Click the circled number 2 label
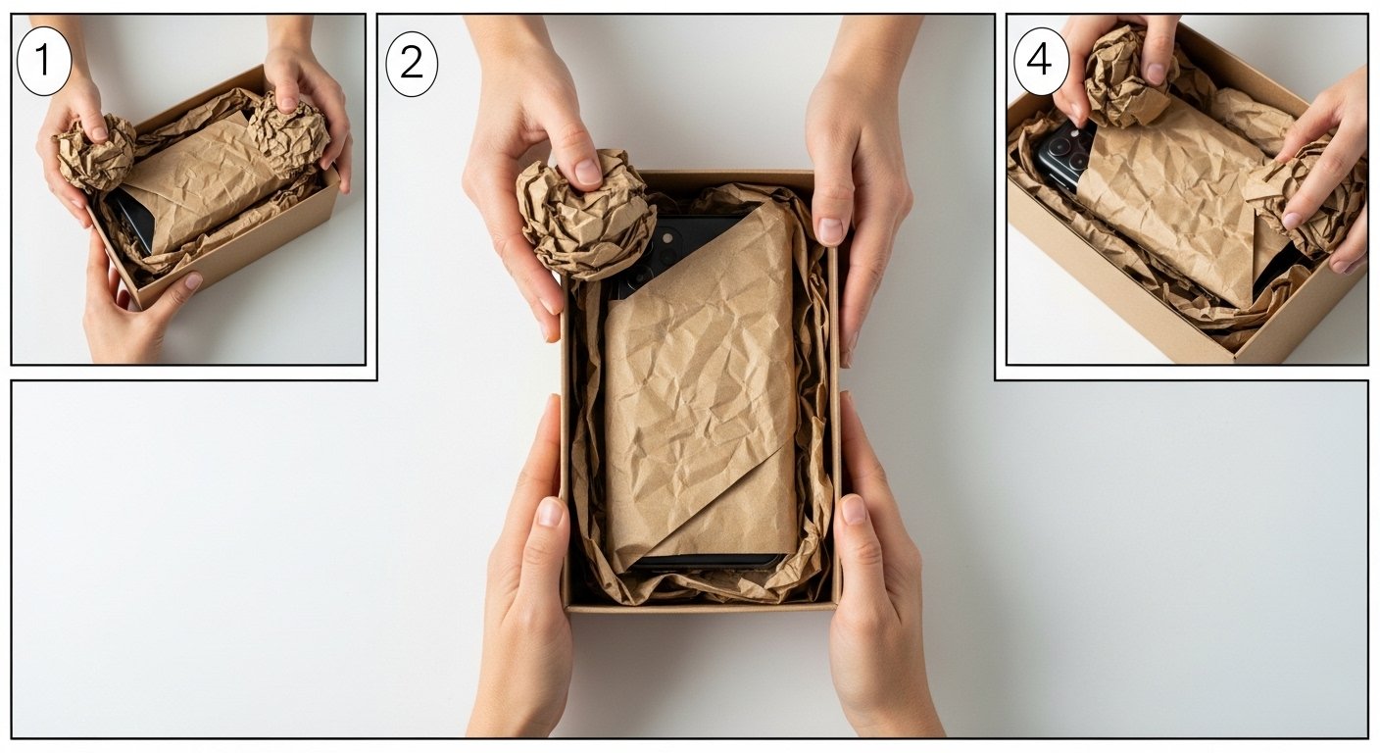412,64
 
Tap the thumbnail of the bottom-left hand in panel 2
552,512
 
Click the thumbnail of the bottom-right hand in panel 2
853,509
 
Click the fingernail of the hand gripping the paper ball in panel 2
588,172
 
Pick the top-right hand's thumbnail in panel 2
830,230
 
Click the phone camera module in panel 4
1066,153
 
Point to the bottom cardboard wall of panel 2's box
702,606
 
